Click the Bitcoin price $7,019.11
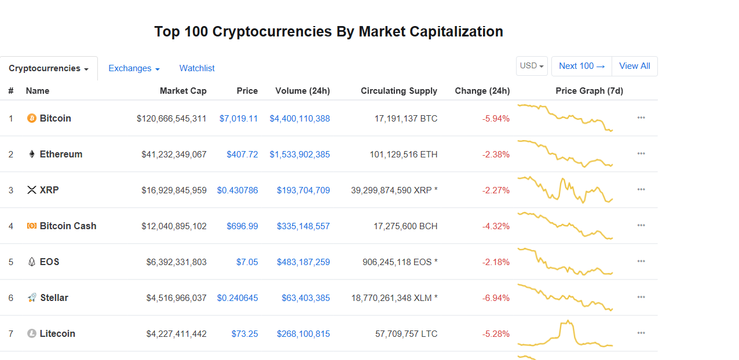(x=238, y=119)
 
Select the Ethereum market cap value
(x=174, y=155)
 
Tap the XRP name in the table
(x=49, y=190)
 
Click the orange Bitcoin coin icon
(x=32, y=119)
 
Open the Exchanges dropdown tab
(x=134, y=68)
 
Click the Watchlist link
(x=197, y=68)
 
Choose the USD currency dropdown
(x=532, y=66)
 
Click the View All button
(x=634, y=66)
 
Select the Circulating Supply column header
(x=398, y=91)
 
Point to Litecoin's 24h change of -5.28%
(x=496, y=334)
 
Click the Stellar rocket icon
(x=32, y=298)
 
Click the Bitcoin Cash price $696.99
(x=242, y=226)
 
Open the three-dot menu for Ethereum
(x=641, y=154)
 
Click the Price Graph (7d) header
(x=589, y=91)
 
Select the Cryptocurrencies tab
(x=49, y=68)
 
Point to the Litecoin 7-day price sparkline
(x=565, y=335)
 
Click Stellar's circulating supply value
(x=394, y=298)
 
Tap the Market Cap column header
(x=183, y=91)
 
